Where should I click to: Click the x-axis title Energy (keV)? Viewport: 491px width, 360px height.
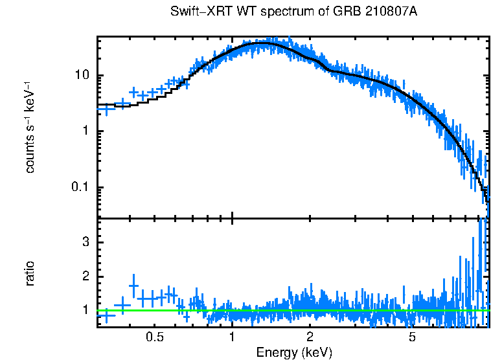pyautogui.click(x=294, y=352)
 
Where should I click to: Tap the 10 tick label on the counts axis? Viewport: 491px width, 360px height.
pyautogui.click(x=82, y=76)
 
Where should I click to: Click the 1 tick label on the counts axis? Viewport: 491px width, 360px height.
pyautogui.click(x=85, y=131)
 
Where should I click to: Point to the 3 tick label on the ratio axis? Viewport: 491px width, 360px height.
pyautogui.click(x=85, y=242)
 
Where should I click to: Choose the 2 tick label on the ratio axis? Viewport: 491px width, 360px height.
pyautogui.click(x=85, y=276)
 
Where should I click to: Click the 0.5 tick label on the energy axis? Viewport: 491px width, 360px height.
pyautogui.click(x=154, y=337)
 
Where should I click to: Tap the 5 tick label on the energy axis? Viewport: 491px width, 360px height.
pyautogui.click(x=412, y=337)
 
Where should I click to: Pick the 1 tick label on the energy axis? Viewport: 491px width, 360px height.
pyautogui.click(x=232, y=337)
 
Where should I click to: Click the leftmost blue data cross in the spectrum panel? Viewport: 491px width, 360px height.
pyautogui.click(x=106, y=110)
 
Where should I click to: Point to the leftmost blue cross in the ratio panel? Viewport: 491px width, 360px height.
pyautogui.click(x=106, y=315)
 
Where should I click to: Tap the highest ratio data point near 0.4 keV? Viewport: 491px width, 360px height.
pyautogui.click(x=134, y=286)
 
